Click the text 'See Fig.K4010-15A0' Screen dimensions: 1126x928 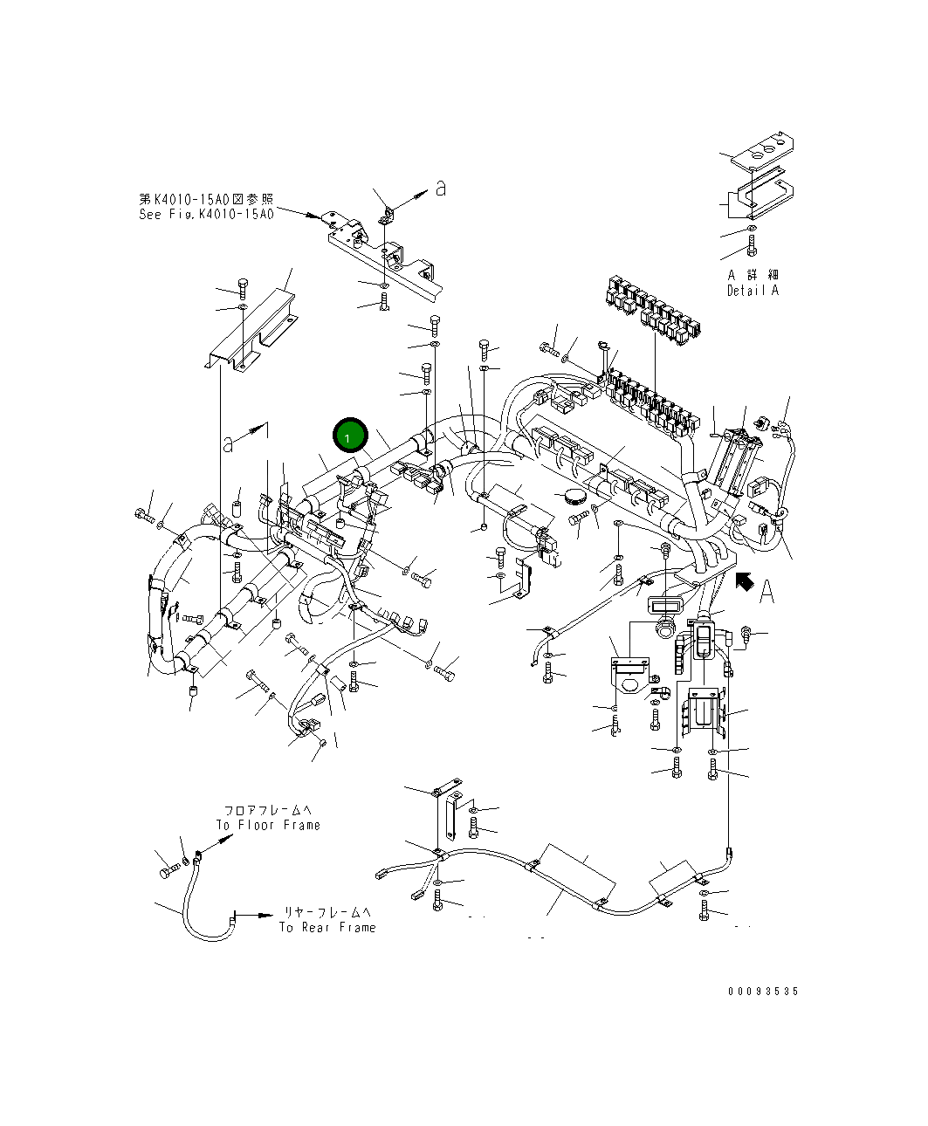click(206, 214)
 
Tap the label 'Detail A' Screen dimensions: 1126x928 click(752, 291)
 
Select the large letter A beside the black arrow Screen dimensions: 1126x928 click(766, 593)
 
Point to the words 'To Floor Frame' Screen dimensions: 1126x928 click(268, 825)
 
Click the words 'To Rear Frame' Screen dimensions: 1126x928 click(327, 928)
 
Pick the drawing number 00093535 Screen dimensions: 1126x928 click(762, 992)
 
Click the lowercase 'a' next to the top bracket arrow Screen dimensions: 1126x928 click(441, 187)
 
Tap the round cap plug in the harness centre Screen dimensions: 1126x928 click(573, 497)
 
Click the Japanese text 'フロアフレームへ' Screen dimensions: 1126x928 click(268, 810)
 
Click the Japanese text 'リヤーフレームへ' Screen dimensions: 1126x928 click(327, 912)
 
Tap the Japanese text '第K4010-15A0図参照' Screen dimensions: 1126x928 click(206, 199)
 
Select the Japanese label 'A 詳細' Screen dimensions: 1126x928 click(753, 275)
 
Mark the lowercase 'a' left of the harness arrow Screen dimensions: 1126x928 click(229, 443)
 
